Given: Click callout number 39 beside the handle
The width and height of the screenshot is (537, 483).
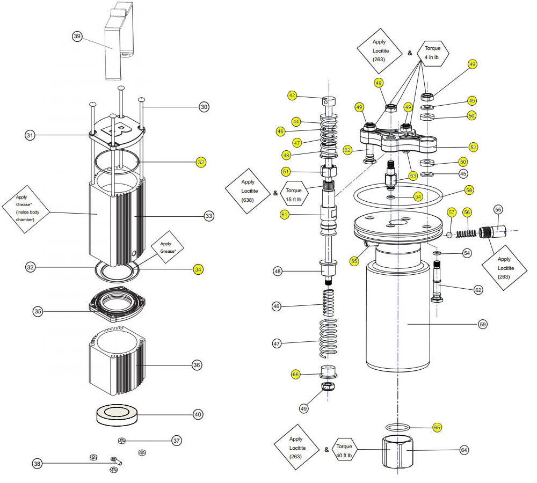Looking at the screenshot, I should pos(77,36).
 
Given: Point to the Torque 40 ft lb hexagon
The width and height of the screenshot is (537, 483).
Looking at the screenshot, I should pos(344,450).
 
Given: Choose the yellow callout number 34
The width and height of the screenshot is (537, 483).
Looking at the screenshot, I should pos(199,269).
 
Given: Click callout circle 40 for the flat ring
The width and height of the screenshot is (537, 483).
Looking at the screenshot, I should pos(199,414).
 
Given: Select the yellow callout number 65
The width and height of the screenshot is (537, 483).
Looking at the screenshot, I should pos(437,428).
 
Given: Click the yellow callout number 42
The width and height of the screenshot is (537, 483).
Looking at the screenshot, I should pos(292,96).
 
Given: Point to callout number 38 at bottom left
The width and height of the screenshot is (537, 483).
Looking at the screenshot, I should pos(37,463).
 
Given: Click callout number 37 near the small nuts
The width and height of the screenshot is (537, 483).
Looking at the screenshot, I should pos(177,441).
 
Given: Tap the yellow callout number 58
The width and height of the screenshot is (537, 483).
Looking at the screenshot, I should pos(469,190).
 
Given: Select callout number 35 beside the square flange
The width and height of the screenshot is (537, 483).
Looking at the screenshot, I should pos(38,311).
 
